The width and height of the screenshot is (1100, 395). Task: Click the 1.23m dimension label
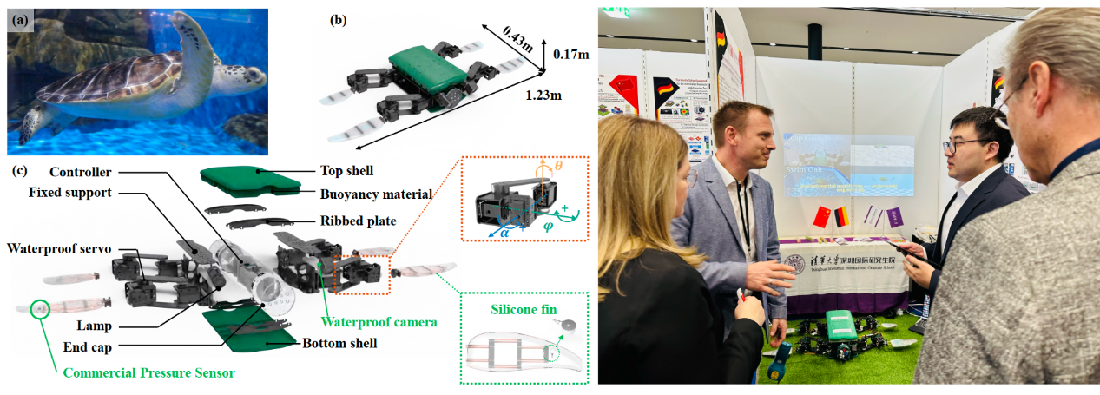click(539, 95)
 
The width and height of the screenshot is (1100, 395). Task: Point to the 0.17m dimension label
click(570, 55)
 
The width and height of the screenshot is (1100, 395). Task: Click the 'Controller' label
click(84, 170)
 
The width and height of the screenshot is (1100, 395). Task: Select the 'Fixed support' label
click(70, 192)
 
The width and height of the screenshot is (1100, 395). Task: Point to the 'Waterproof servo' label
click(58, 249)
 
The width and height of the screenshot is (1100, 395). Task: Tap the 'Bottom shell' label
click(339, 343)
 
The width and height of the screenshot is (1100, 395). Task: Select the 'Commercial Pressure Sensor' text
click(149, 372)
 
